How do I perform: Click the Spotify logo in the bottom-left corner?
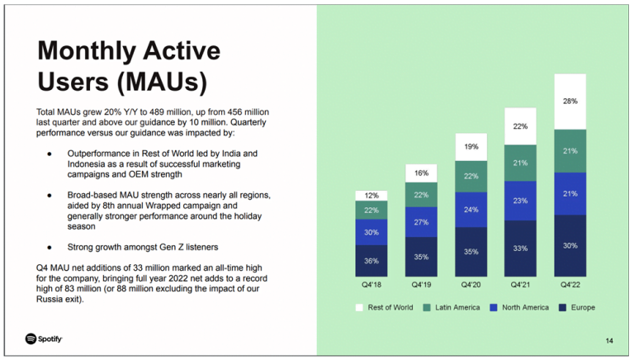pos(44,339)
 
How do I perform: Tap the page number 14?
pos(609,340)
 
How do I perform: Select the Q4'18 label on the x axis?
pos(371,286)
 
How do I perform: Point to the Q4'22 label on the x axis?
pos(570,286)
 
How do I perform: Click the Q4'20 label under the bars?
pos(471,286)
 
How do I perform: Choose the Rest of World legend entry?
pos(385,308)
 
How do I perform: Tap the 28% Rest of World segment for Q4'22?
pos(570,102)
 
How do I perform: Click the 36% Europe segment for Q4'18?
pos(371,261)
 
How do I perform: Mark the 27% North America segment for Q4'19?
pos(421,223)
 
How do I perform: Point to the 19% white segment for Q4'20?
pos(471,147)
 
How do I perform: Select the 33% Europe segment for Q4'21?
pos(520,249)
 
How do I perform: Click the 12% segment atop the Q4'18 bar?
pos(371,196)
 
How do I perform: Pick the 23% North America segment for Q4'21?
pos(520,201)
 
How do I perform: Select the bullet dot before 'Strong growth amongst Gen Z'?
pos(49,247)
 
